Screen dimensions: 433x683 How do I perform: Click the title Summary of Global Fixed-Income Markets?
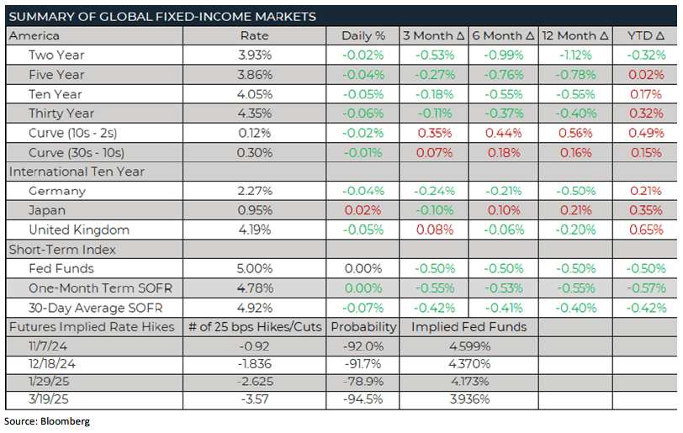(163, 16)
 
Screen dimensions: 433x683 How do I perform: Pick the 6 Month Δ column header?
(503, 36)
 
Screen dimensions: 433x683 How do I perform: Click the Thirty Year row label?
(61, 114)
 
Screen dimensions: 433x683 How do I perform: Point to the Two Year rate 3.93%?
(254, 55)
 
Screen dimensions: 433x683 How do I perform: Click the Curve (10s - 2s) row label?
(73, 133)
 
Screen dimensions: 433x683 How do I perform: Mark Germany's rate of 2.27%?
(254, 191)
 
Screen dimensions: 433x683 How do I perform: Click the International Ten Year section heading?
(77, 172)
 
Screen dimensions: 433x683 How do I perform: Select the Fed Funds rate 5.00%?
(254, 269)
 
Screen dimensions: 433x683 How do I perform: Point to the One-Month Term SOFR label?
(100, 288)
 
